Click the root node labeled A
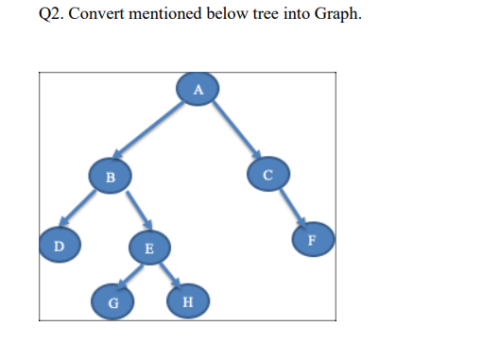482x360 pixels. coord(198,89)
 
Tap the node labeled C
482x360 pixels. coord(267,174)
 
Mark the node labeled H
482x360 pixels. coord(185,302)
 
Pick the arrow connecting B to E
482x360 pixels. coord(129,211)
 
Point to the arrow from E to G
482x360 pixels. coord(130,276)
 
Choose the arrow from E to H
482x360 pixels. coord(167,276)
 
